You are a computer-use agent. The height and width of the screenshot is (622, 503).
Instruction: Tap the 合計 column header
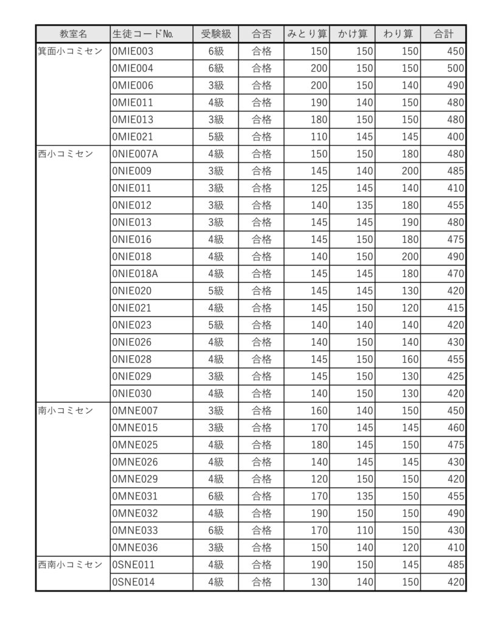pyautogui.click(x=443, y=34)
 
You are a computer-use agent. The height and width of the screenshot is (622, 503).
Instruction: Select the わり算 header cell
pyautogui.click(x=398, y=34)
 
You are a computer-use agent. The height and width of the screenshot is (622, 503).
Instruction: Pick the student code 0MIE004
pyautogui.click(x=133, y=69)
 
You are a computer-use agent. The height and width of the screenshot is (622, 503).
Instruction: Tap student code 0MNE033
pyautogui.click(x=135, y=530)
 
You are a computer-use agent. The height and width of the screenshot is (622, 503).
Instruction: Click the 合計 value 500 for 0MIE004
pyautogui.click(x=455, y=69)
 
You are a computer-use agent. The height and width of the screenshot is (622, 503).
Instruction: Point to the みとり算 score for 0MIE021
pyautogui.click(x=319, y=137)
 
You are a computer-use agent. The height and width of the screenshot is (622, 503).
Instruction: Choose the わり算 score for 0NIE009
pyautogui.click(x=410, y=171)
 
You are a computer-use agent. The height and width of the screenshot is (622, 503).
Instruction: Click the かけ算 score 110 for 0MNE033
pyautogui.click(x=364, y=530)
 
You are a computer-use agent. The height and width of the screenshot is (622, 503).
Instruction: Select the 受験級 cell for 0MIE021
pyautogui.click(x=216, y=137)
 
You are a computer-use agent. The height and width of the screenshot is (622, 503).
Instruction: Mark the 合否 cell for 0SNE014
pyautogui.click(x=262, y=582)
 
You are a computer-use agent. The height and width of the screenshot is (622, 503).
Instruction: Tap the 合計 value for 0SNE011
pyautogui.click(x=455, y=565)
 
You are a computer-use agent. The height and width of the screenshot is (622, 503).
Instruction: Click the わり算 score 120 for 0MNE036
pyautogui.click(x=410, y=547)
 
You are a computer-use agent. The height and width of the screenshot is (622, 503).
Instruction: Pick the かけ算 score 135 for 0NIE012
pyautogui.click(x=364, y=205)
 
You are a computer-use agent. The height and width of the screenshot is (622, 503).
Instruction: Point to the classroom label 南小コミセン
pyautogui.click(x=66, y=411)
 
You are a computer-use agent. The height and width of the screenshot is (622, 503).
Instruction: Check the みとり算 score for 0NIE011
pyautogui.click(x=319, y=188)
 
